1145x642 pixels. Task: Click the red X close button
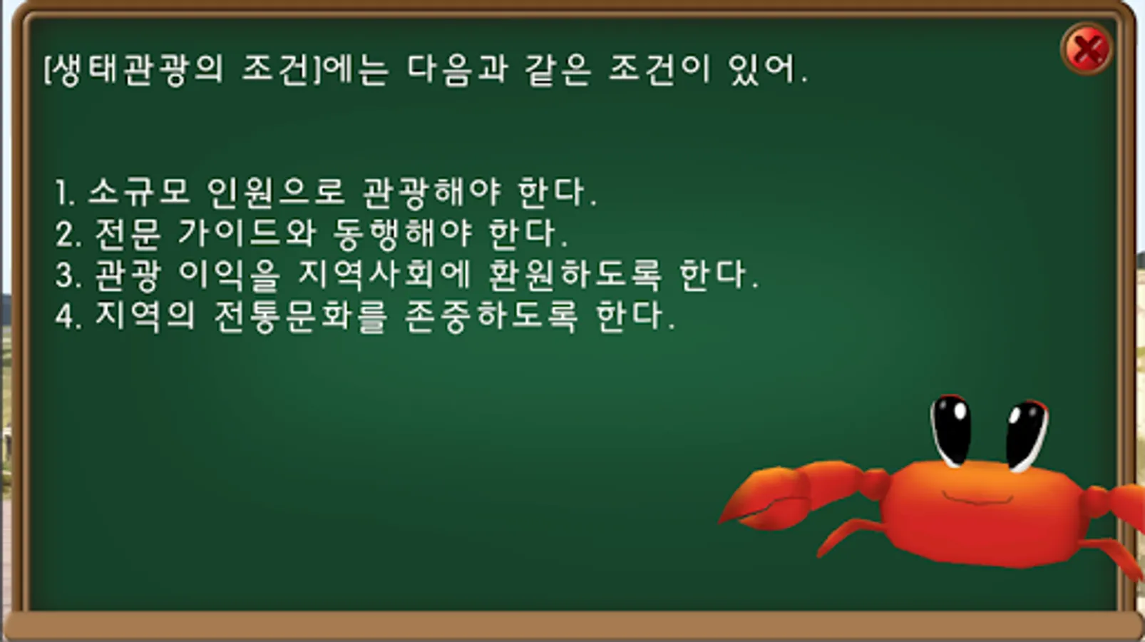click(x=1087, y=49)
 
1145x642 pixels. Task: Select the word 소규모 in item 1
click(x=139, y=193)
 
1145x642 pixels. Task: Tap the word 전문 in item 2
click(x=128, y=234)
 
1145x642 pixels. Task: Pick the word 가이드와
click(x=247, y=234)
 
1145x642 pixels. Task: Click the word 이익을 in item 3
click(x=230, y=275)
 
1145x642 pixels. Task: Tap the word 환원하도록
click(x=575, y=275)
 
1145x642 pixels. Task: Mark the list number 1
click(x=65, y=193)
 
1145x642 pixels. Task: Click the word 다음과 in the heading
click(x=458, y=69)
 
